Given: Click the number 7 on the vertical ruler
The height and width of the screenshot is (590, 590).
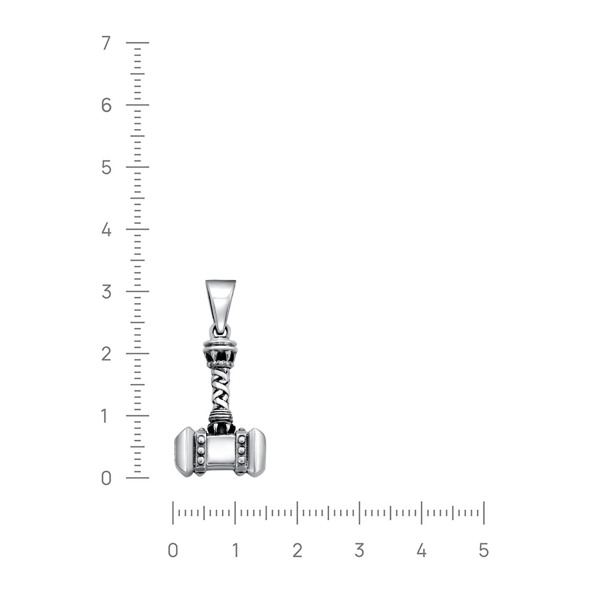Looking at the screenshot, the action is [x=106, y=43].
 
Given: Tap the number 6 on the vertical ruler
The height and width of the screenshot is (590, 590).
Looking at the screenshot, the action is [x=106, y=105].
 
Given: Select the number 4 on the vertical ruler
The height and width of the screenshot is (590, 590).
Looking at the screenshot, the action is [x=106, y=230].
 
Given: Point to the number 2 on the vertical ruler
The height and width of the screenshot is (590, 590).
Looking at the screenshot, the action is [x=106, y=354].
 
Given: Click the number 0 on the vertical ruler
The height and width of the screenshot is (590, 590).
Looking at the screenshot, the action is [x=106, y=478].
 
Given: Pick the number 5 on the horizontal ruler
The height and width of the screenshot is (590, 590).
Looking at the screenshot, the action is [x=484, y=550].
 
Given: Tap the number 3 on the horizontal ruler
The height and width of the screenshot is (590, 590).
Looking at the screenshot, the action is [x=359, y=550].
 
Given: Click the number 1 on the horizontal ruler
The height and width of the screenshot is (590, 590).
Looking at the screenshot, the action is [x=235, y=550].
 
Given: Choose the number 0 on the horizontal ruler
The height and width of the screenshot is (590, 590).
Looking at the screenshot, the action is [x=173, y=550].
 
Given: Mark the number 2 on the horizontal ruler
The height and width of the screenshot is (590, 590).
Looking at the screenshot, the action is [x=297, y=550].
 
